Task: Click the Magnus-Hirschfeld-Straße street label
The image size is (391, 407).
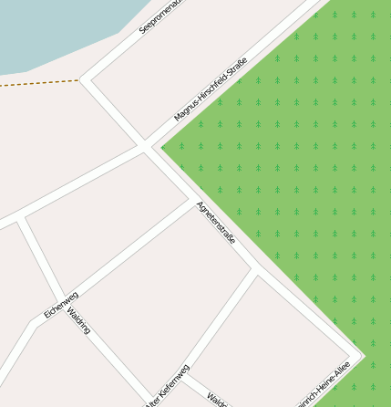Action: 211,91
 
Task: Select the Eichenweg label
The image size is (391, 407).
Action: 61,305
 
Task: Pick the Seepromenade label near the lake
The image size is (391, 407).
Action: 160,16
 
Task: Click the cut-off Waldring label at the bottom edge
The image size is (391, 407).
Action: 216,401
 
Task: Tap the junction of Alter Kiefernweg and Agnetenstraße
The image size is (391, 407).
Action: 255,271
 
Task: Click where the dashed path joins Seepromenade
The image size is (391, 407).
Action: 80,79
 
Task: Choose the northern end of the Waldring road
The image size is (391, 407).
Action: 21,219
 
